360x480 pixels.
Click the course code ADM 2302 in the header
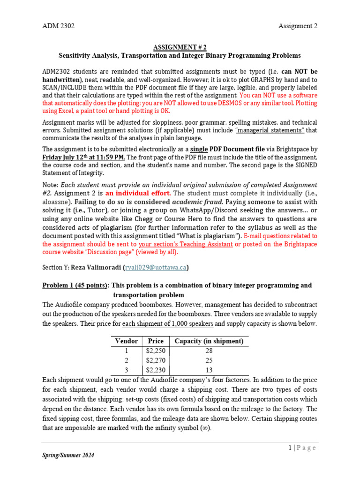[x=58, y=26]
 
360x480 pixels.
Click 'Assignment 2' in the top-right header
[x=298, y=26]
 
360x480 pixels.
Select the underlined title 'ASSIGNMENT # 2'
[x=180, y=47]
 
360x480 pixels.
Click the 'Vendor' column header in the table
[x=126, y=341]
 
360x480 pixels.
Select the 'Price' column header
[x=155, y=341]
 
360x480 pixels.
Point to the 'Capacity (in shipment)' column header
[x=209, y=341]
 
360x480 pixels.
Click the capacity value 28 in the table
[x=209, y=351]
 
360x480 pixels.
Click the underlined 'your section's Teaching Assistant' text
[x=186, y=244]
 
